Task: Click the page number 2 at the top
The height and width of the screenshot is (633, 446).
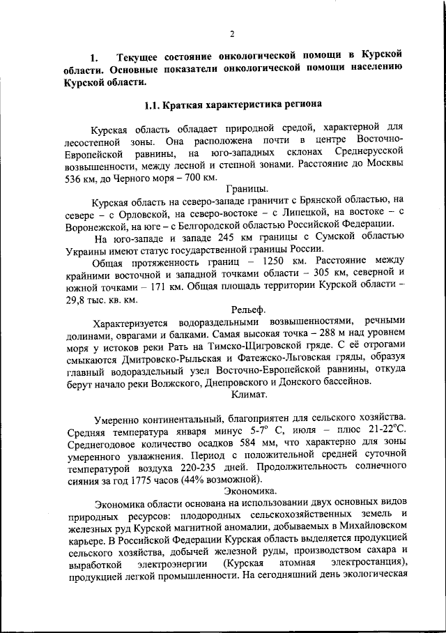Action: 232,33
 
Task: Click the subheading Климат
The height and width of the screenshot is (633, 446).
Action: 249,394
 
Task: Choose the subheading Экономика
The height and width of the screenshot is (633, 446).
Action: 249,491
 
